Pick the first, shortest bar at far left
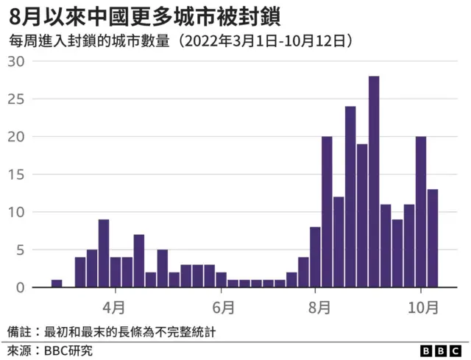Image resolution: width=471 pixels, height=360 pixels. pos(57,283)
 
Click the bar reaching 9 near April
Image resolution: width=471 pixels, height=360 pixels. pos(104,253)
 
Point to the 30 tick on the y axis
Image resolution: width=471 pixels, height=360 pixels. pos(16,61)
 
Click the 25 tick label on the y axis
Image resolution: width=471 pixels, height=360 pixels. pos(16,99)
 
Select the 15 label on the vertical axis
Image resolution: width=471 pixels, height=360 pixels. pos(16,174)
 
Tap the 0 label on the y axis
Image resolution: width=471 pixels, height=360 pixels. pos(21,288)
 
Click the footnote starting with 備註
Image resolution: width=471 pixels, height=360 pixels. pos(111,331)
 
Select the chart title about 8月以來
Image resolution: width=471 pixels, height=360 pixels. pos(144,15)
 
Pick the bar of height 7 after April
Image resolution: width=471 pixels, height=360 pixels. pos(139,261)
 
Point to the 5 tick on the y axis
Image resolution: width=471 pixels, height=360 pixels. pos(21,250)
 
